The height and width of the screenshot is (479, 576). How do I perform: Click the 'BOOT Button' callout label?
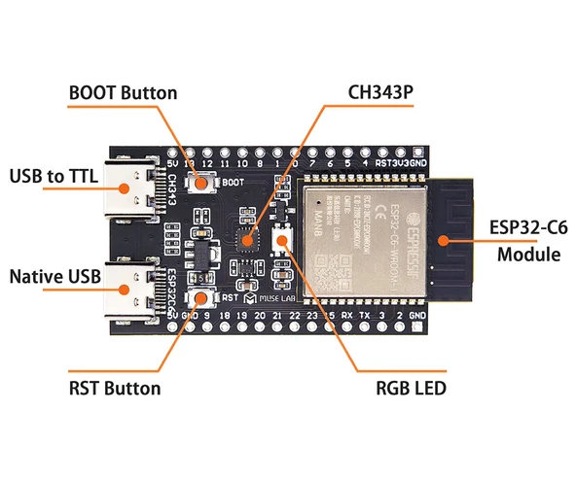123,93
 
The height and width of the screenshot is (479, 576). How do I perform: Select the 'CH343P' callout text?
381,93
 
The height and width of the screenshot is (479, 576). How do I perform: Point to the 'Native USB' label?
54,278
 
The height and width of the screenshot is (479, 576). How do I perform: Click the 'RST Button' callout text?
115,389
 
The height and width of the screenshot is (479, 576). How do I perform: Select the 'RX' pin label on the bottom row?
347,318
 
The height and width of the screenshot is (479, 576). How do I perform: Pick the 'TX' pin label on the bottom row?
365,318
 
